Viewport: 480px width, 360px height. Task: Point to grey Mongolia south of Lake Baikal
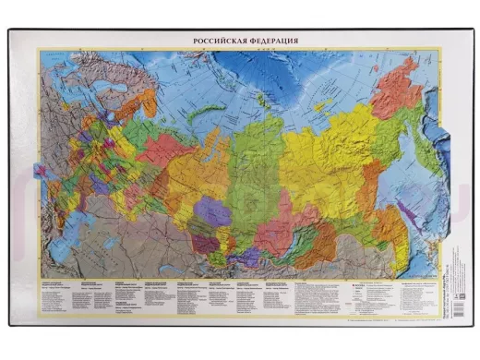(295, 254)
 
